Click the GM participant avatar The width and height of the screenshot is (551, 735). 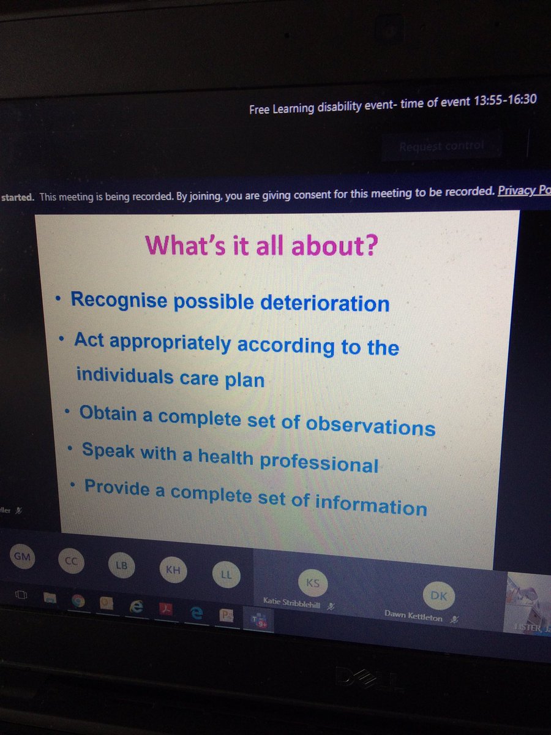tap(22, 557)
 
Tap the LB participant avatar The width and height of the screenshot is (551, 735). tap(122, 566)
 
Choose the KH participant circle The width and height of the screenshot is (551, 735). tap(173, 570)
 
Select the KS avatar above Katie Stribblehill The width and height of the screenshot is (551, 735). tap(312, 582)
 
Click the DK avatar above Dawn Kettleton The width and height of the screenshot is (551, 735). tap(439, 595)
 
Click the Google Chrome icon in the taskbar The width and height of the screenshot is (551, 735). tap(78, 601)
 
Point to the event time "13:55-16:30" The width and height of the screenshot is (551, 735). tap(505, 100)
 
